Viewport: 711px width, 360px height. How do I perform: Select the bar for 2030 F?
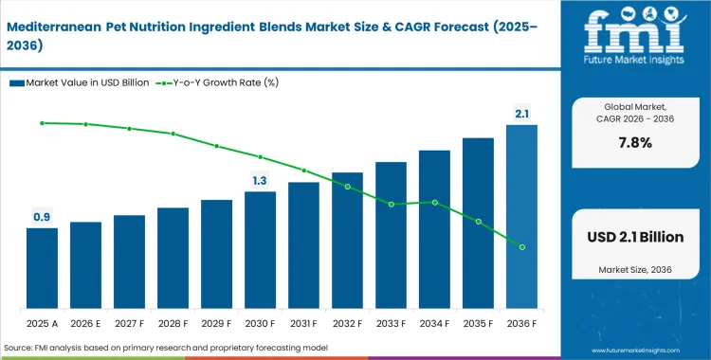(x=260, y=250)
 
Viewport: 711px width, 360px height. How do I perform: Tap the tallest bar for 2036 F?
(x=521, y=217)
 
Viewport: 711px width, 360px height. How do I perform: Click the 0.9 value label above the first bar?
(x=42, y=217)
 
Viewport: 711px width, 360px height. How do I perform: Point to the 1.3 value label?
(x=260, y=180)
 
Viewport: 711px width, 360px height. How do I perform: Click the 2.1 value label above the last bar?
(x=521, y=114)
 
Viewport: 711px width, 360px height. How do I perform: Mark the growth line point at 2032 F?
(x=347, y=187)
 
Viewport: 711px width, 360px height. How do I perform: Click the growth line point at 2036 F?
(x=521, y=246)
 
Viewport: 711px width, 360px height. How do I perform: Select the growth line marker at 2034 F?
(x=434, y=202)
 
